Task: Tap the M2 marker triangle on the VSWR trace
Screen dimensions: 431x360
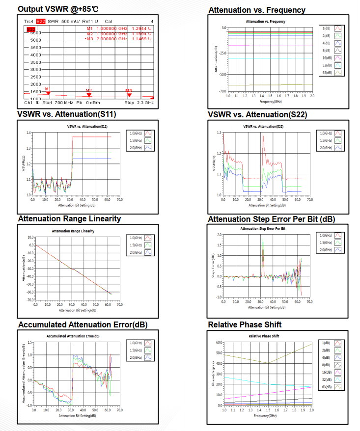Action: [x=89, y=94]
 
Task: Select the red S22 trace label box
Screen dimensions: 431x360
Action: [x=41, y=22]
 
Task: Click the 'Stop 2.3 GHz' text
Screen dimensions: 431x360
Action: [x=138, y=103]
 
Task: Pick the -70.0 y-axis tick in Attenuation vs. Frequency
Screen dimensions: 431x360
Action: [x=222, y=91]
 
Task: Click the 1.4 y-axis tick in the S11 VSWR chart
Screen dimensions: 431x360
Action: [x=28, y=133]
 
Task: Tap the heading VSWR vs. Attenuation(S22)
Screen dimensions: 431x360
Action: [x=258, y=115]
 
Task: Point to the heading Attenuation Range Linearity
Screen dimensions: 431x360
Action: [x=69, y=219]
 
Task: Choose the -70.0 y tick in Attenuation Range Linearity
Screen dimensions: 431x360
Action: [x=28, y=300]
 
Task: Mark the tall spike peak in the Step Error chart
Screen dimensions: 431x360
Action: [x=263, y=240]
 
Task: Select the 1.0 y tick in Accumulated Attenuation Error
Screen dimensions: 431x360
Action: [x=29, y=354]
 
